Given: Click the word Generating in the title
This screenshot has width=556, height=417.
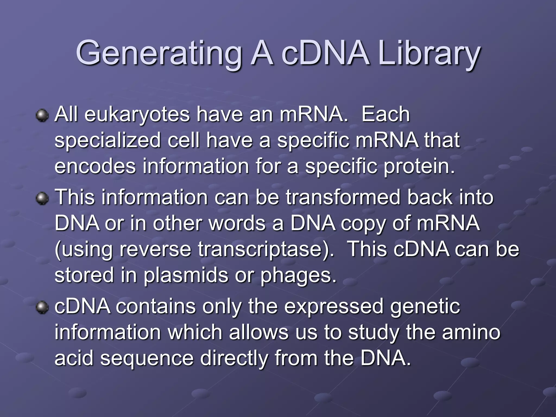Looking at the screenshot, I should pos(159,53).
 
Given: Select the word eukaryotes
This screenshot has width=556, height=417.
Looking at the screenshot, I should pos(137,114).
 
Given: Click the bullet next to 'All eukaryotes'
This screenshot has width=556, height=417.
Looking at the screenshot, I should pos(42,116).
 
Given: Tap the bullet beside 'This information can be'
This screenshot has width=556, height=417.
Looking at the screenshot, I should pos(42,198).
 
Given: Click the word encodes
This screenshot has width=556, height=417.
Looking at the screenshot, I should pos(95,166).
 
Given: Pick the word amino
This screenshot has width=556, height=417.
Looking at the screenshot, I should pos(471,332).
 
